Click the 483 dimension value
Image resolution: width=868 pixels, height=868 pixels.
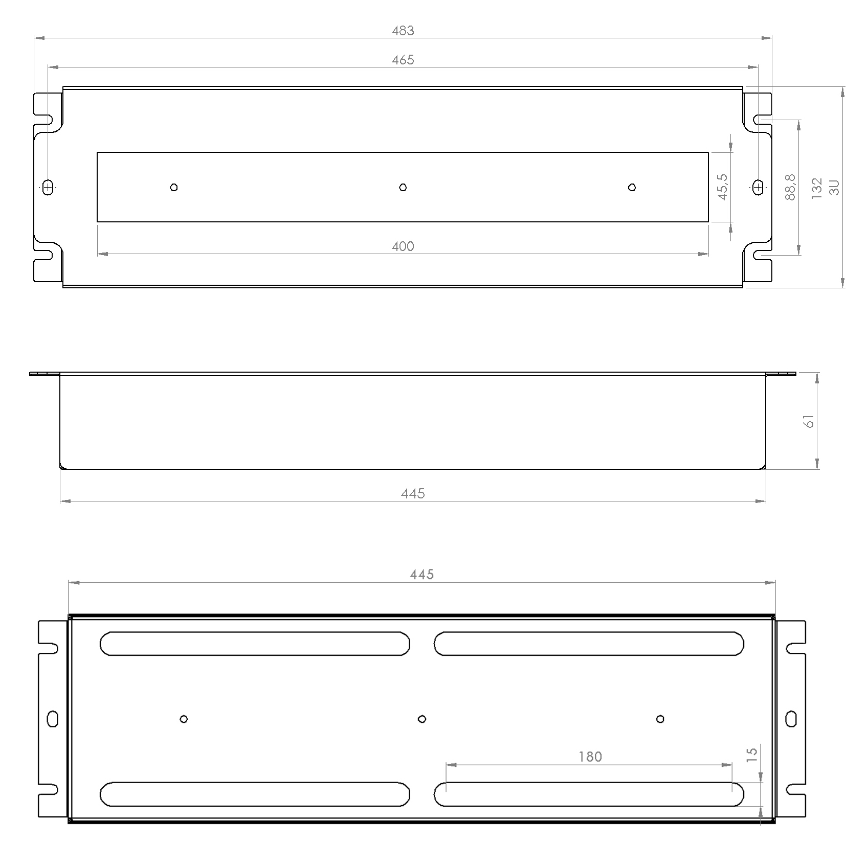pyautogui.click(x=403, y=31)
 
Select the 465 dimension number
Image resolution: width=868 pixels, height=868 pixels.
pyautogui.click(x=403, y=60)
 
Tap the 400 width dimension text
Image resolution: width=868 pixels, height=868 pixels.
pyautogui.click(x=403, y=246)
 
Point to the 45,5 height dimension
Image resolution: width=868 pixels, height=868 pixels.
pyautogui.click(x=722, y=187)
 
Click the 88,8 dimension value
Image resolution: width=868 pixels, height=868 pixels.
pyautogui.click(x=790, y=187)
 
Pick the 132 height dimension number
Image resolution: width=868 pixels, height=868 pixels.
pyautogui.click(x=817, y=188)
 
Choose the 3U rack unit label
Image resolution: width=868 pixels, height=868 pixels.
pyautogui.click(x=834, y=188)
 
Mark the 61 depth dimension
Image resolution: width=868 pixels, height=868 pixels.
pyautogui.click(x=809, y=421)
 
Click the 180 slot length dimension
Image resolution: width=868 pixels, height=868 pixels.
pyautogui.click(x=590, y=757)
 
